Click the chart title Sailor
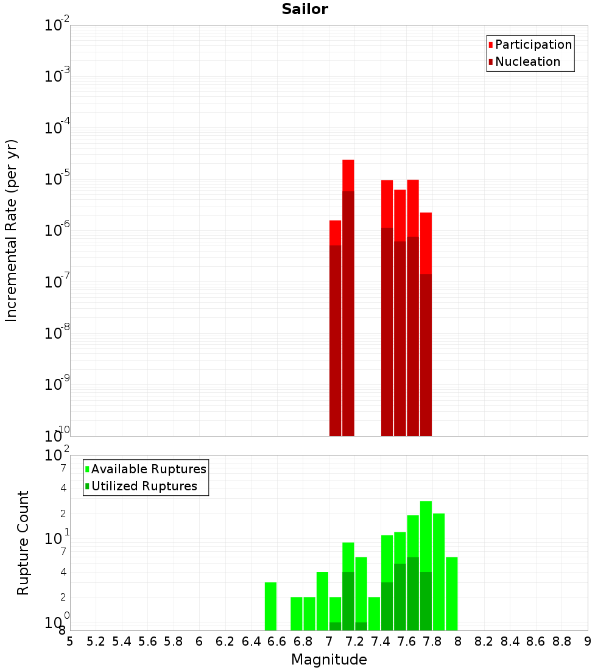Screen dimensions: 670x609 304,9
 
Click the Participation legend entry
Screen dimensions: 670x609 533,44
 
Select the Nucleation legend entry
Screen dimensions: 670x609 527,62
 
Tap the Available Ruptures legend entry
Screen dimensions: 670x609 148,469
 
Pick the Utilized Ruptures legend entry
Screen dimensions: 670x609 144,486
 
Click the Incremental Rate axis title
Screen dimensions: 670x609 12,230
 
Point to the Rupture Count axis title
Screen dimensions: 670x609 23,543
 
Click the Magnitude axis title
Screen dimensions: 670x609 329,660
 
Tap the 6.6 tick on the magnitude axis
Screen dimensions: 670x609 277,641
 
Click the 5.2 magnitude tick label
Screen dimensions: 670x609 96,641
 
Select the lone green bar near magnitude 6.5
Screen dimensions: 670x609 270,606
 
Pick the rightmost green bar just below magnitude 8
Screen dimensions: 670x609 451,593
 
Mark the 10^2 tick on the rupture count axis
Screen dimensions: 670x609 58,455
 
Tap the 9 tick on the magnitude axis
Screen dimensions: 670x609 588,641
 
